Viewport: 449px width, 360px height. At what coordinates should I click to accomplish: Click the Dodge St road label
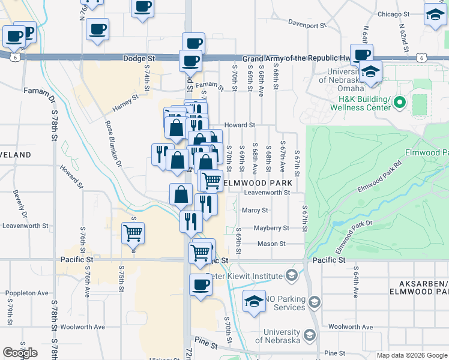139,58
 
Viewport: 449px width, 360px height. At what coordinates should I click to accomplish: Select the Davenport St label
307,26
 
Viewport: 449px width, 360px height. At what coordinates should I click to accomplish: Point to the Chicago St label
393,14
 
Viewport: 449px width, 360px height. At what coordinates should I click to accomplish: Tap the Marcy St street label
255,211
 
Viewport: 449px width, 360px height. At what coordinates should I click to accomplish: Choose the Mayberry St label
271,228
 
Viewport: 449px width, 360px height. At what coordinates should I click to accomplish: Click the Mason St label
271,244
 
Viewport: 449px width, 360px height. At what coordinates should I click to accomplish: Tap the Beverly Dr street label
19,204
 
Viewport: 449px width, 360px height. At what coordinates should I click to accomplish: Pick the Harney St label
125,103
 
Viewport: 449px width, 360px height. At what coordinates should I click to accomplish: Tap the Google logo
20,353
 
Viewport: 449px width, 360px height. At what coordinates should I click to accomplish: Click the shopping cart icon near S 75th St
133,233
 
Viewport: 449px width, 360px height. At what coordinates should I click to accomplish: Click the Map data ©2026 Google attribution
411,355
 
